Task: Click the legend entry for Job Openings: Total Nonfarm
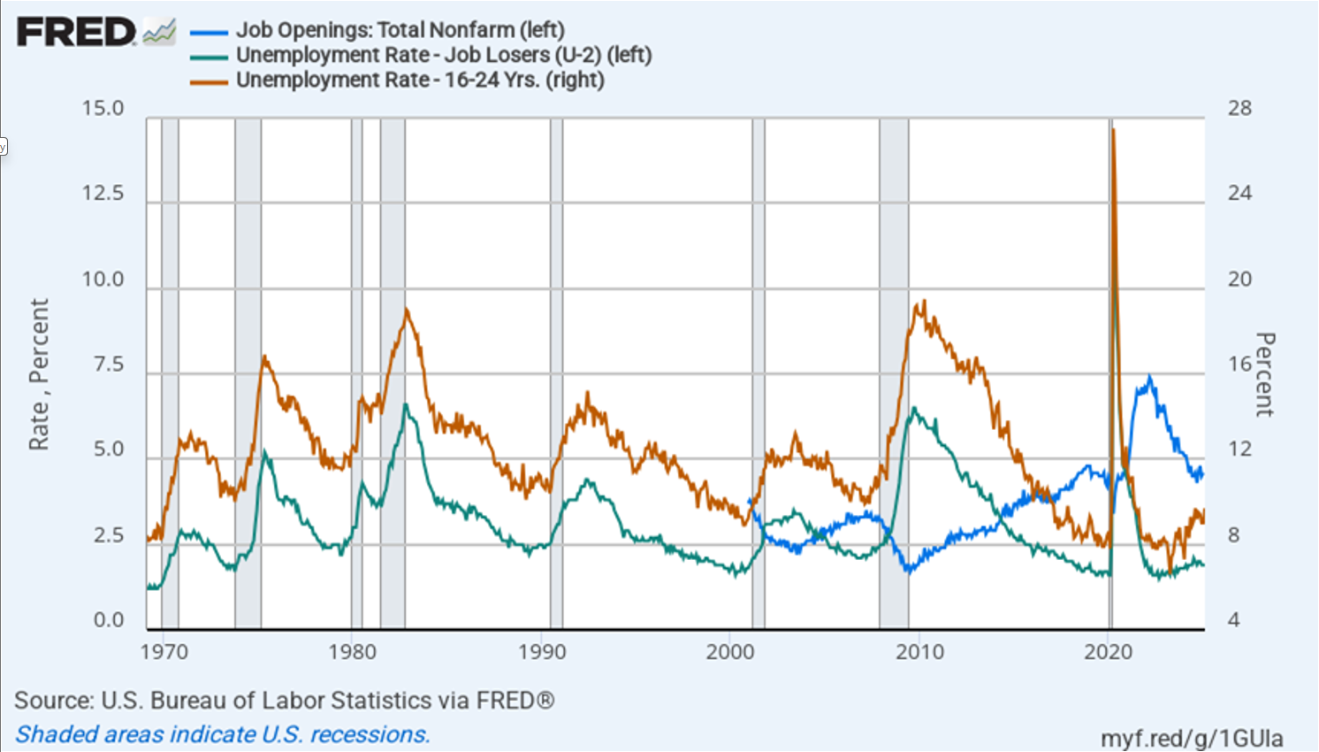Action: [x=400, y=30]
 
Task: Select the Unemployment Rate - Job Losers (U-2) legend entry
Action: [x=443, y=55]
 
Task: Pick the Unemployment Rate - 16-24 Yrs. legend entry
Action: [x=420, y=80]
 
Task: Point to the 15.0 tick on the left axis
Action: [x=103, y=109]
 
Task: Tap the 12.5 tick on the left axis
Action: [x=103, y=194]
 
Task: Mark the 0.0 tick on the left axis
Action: [x=108, y=620]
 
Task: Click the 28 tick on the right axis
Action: [x=1239, y=109]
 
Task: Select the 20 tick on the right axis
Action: [x=1239, y=280]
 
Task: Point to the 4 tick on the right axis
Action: [x=1234, y=620]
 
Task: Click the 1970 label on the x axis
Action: [x=164, y=652]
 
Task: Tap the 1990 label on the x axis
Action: [x=542, y=652]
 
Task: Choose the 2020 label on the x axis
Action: [x=1109, y=652]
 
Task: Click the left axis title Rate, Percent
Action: [x=39, y=374]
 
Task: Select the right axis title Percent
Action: [x=1265, y=374]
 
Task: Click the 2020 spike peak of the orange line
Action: [x=1113, y=130]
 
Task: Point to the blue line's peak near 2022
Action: [x=1149, y=378]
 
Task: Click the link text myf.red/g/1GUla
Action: [x=1192, y=738]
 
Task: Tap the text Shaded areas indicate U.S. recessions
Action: [x=223, y=734]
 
